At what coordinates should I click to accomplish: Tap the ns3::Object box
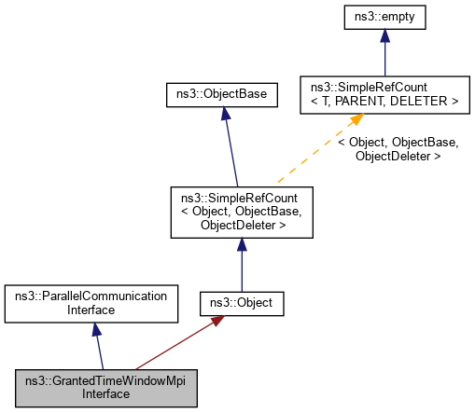pos(242,303)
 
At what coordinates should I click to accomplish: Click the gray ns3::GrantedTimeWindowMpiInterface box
pos(106,387)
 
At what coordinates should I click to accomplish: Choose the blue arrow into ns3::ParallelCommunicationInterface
pos(98,345)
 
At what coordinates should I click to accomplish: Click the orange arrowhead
pos(356,121)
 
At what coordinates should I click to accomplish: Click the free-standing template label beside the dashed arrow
pos(398,149)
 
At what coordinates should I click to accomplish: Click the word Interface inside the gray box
pos(106,394)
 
